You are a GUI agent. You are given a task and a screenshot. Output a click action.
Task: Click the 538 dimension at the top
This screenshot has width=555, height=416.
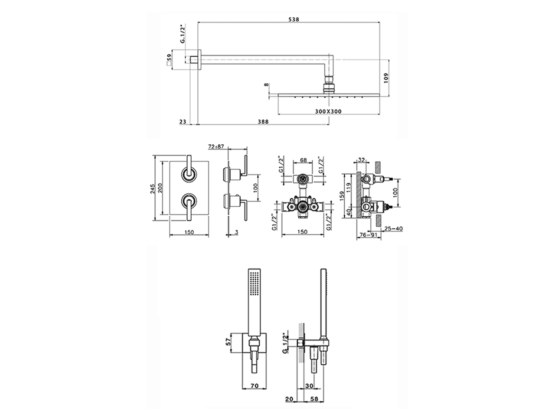click(x=294, y=19)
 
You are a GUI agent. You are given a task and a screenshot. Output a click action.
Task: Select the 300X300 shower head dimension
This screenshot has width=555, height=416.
click(x=329, y=111)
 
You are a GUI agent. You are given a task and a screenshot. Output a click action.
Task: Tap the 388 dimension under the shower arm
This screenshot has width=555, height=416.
click(x=263, y=122)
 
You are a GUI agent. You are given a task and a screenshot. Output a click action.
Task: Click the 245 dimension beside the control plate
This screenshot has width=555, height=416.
click(x=152, y=188)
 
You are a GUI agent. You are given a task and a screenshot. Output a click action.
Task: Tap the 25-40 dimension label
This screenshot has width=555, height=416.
click(x=393, y=228)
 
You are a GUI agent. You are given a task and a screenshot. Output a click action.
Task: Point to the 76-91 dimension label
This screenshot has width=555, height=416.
click(x=368, y=235)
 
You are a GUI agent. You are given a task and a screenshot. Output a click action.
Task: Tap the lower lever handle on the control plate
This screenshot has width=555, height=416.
click(x=189, y=206)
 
